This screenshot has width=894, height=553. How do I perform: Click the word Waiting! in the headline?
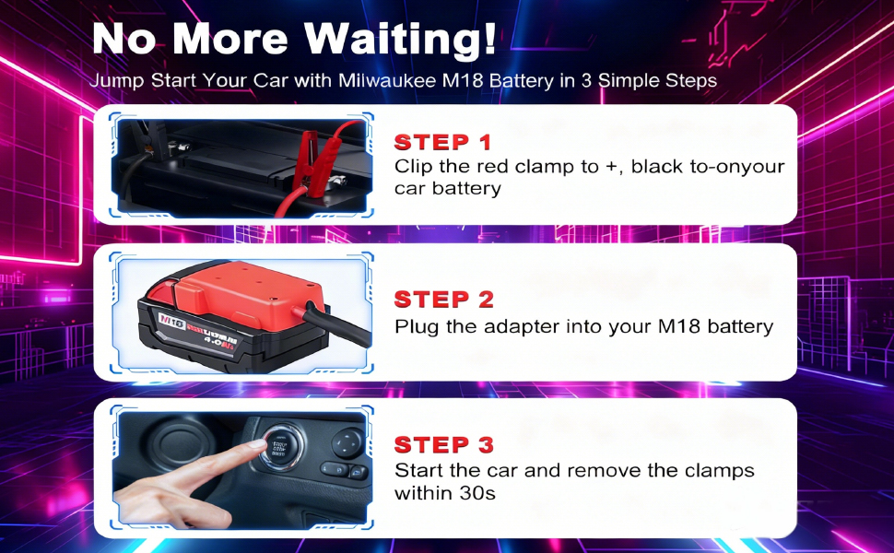pos(400,39)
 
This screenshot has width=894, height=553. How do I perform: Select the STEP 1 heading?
pos(442,142)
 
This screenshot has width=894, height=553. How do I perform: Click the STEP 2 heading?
pos(443,300)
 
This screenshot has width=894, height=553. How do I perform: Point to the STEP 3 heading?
pos(443,444)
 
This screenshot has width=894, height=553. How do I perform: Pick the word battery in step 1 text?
pos(465,189)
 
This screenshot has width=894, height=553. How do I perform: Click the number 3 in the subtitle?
pos(586,80)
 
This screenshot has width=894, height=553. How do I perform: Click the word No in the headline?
pos(124,39)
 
